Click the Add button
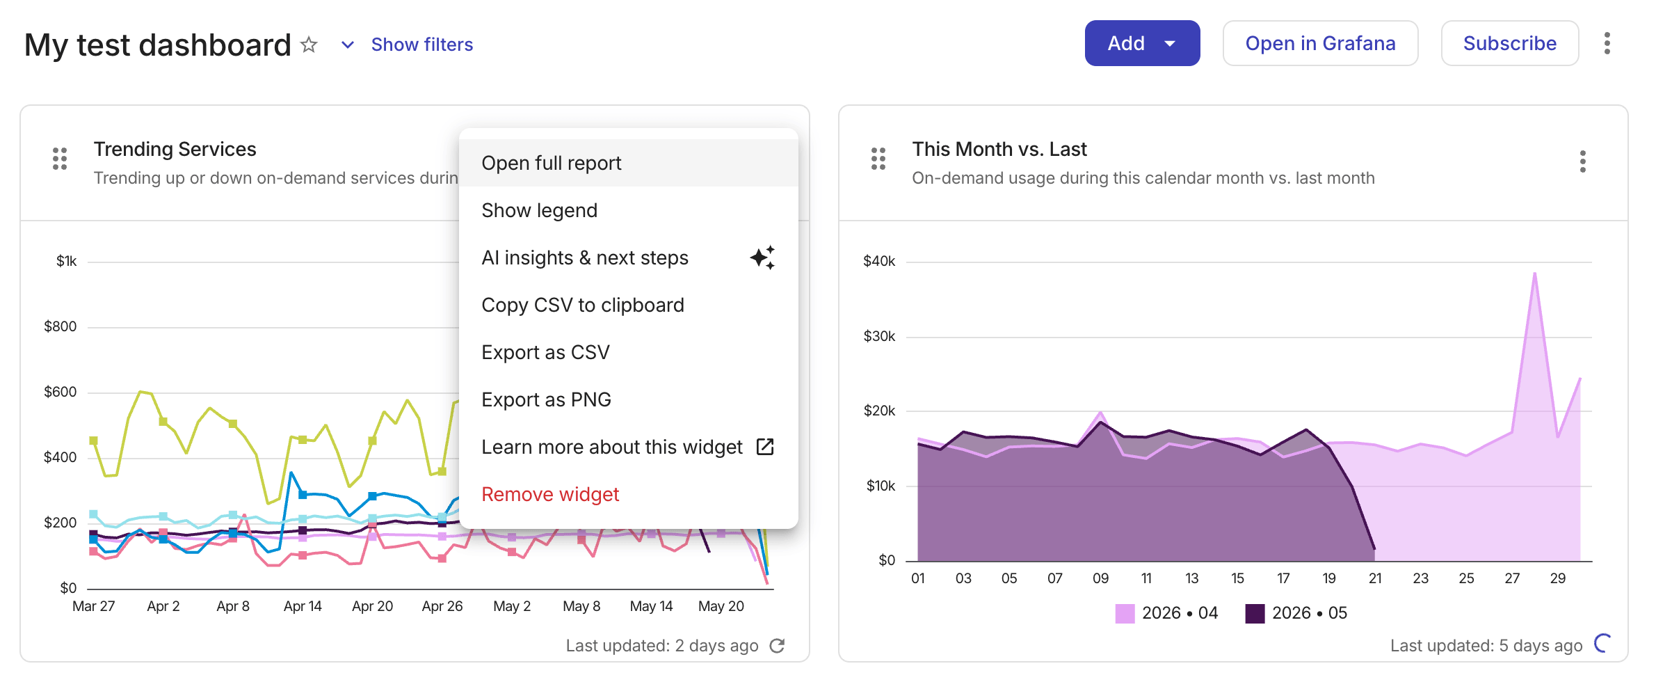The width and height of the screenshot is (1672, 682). (1142, 43)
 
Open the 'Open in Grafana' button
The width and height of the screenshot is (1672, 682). (1320, 43)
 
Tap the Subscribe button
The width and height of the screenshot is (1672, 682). (1509, 43)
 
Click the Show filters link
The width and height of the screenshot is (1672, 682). (421, 45)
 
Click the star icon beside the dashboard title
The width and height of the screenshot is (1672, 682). (309, 45)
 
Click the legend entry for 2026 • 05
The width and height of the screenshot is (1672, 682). (1296, 613)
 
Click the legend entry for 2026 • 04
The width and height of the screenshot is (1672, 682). (1166, 613)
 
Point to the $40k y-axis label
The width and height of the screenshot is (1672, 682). (879, 261)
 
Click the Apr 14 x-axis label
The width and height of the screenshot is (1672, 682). (303, 606)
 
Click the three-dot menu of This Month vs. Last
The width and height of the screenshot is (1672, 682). (1583, 161)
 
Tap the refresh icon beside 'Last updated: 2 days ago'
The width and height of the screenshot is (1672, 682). (778, 646)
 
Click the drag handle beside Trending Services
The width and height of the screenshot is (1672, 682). (60, 159)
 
